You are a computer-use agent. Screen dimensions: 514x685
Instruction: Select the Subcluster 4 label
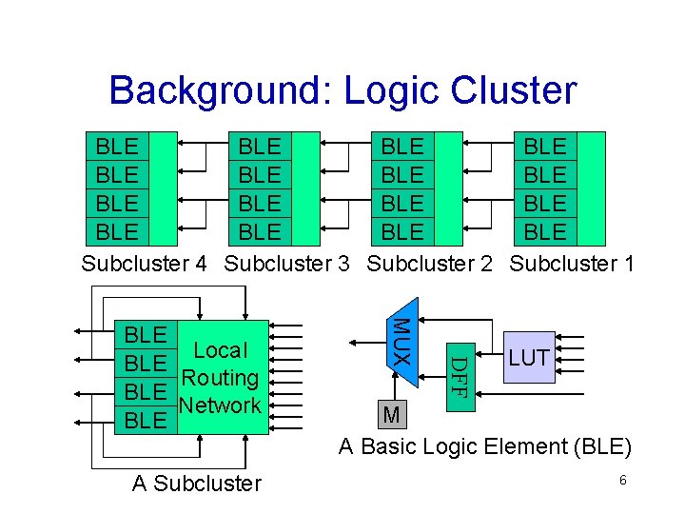click(144, 264)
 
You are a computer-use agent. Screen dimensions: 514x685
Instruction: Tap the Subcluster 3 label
click(286, 264)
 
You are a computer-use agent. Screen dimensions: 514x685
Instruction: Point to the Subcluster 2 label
click(429, 264)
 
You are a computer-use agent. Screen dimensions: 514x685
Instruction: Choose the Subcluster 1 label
click(572, 264)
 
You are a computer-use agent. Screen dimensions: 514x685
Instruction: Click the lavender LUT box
click(528, 358)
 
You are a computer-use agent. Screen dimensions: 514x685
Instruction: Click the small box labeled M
click(391, 415)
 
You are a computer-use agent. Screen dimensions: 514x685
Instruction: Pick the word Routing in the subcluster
click(219, 378)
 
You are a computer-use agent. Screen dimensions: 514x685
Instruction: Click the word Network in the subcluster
click(219, 405)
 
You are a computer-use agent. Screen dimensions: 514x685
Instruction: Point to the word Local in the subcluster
click(219, 351)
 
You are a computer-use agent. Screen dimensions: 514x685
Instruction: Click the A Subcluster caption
click(196, 484)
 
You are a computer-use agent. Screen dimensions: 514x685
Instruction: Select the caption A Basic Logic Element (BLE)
click(485, 446)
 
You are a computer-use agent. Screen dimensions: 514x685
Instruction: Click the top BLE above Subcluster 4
click(117, 147)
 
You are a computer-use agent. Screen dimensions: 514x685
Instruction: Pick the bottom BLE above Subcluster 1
click(545, 231)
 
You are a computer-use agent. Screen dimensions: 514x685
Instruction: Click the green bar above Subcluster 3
click(305, 188)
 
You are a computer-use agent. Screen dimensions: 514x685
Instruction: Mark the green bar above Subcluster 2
click(448, 188)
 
